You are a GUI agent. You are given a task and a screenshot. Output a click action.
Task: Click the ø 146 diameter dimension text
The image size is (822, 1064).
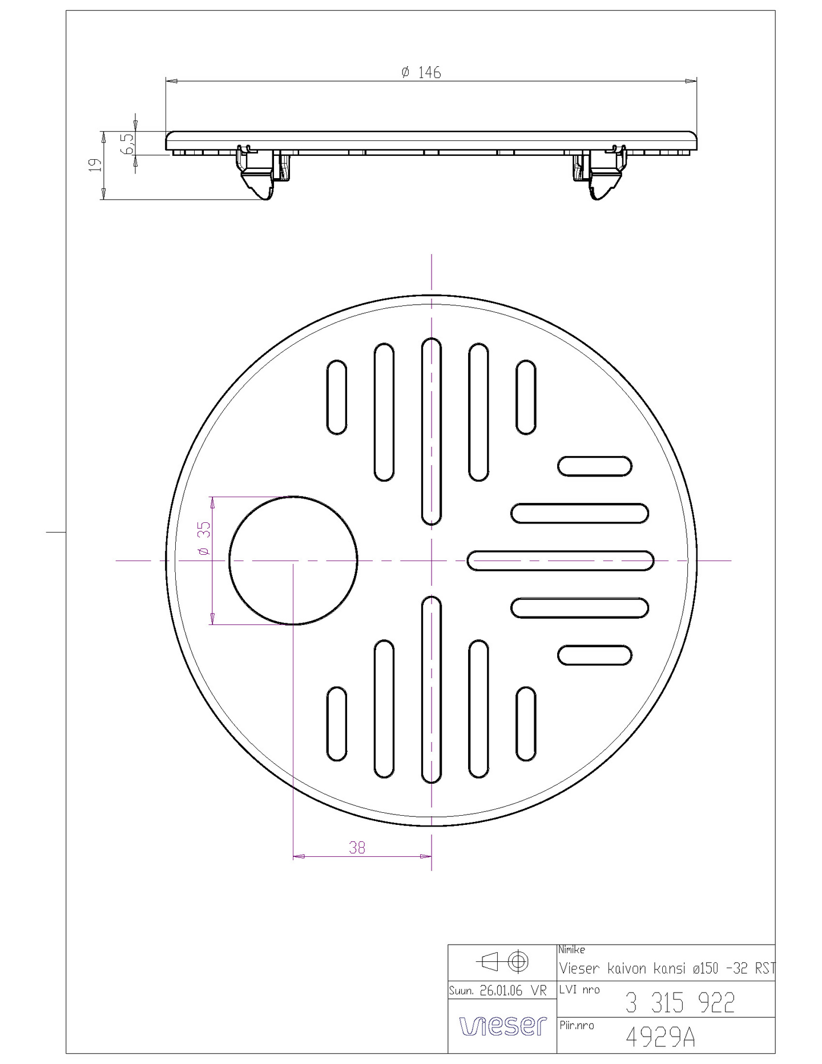421,72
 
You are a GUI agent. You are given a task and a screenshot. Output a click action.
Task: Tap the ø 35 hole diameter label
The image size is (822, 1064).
204,538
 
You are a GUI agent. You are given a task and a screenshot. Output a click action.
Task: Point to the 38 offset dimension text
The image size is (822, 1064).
357,848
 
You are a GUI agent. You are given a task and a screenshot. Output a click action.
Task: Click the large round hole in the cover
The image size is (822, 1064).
293,561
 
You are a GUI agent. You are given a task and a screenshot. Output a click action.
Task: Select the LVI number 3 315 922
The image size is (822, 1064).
679,1003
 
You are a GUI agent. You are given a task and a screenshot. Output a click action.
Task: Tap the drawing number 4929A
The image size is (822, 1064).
660,1037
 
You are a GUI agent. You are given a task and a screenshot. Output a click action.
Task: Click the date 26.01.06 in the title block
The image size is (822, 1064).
501,990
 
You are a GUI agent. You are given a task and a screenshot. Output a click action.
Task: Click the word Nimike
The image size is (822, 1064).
571,950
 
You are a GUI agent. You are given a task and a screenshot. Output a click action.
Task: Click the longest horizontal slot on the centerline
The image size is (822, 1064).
560,561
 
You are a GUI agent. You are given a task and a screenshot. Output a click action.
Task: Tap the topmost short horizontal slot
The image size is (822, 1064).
594,466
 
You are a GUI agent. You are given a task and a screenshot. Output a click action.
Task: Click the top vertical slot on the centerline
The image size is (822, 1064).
431,431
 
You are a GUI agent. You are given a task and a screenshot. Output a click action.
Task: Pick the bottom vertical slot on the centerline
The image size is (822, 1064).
431,689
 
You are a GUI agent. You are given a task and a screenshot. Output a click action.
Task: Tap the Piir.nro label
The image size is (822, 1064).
577,1025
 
